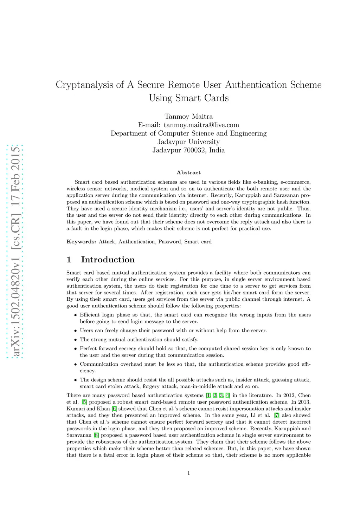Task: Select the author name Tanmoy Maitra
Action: coord(188,116)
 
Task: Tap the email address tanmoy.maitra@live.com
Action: coord(201,125)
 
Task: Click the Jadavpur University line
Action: coord(188,142)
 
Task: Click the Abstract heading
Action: coord(188,172)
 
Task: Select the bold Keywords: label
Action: coord(81,242)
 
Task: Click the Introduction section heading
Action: coord(108,260)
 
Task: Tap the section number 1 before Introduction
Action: coord(69,260)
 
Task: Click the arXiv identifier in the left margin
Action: coord(15,251)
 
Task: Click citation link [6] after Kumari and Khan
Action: coord(114,409)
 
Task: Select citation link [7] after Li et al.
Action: coord(277,415)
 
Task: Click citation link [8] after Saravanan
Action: coord(96,435)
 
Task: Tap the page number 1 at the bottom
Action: coord(188,473)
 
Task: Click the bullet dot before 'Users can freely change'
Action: coord(76,331)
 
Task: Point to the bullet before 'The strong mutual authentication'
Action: coord(76,340)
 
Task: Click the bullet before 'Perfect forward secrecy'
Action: coord(76,349)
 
